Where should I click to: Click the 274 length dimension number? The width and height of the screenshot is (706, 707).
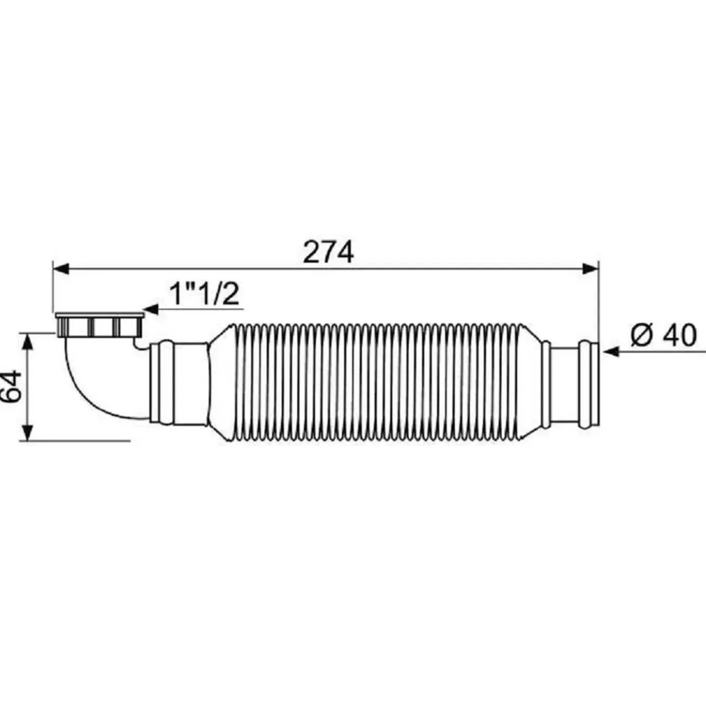pyautogui.click(x=328, y=252)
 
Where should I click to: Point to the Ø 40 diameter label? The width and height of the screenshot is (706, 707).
pyautogui.click(x=663, y=334)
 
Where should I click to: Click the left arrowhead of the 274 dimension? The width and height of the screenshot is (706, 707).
pyautogui.click(x=61, y=269)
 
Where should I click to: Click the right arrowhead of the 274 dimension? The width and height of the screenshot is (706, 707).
pyautogui.click(x=590, y=269)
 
